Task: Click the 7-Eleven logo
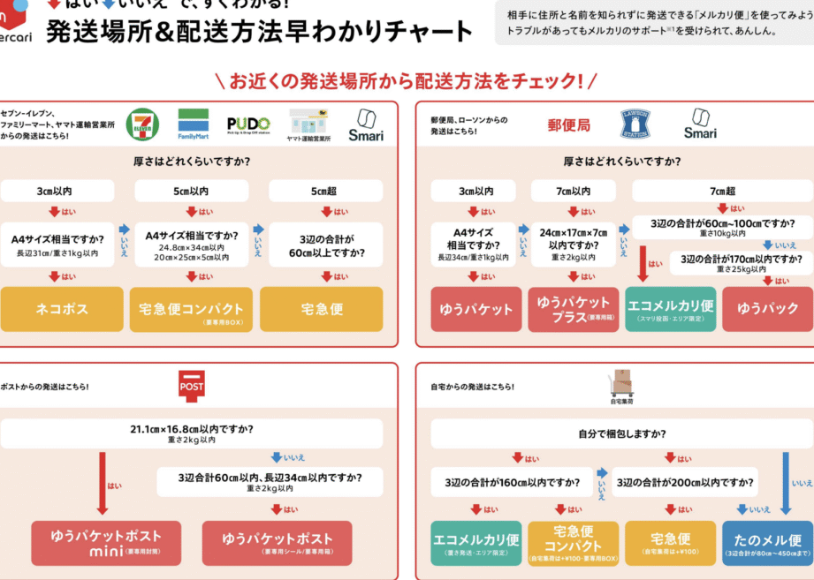[142, 124]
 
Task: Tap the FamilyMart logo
[194, 124]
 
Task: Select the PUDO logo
[248, 124]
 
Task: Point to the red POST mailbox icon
[192, 385]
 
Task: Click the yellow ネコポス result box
[61, 309]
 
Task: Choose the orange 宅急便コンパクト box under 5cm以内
[191, 310]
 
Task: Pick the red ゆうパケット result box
[476, 310]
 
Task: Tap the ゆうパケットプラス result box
[575, 310]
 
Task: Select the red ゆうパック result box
[767, 309]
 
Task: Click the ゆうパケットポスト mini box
[105, 542]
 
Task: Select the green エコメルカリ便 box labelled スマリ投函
[672, 310]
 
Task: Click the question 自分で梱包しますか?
[622, 433]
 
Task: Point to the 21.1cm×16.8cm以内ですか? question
[192, 433]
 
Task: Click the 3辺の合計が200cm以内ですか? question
[686, 482]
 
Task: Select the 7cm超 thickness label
[722, 191]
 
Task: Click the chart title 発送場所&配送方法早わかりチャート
[260, 32]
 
